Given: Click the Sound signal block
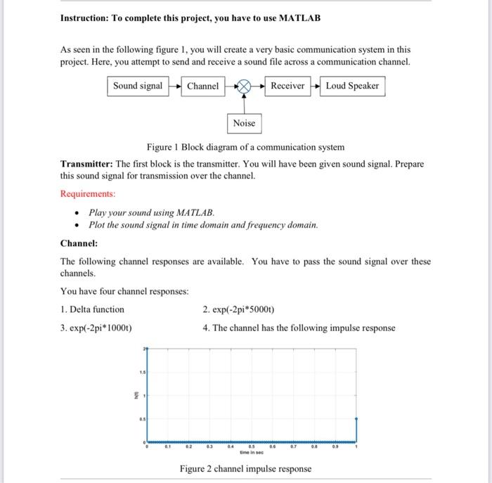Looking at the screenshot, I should click(x=138, y=86).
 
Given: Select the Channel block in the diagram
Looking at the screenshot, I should click(x=202, y=86).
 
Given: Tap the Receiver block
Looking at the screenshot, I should click(x=287, y=86).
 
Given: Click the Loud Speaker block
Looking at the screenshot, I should click(x=352, y=86).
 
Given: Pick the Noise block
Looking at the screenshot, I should click(x=244, y=124).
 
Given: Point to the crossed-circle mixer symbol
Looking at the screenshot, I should click(x=244, y=86).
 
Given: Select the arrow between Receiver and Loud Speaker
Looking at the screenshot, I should click(x=315, y=86).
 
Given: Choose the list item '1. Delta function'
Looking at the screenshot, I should click(x=92, y=309).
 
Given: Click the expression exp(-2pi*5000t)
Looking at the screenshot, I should click(x=238, y=309).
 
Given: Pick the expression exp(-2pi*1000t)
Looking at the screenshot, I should click(x=96, y=328).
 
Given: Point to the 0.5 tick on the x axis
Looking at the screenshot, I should click(x=252, y=445).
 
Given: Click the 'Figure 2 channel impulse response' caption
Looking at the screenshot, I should click(x=245, y=469).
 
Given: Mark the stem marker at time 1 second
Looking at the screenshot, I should click(x=356, y=418).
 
